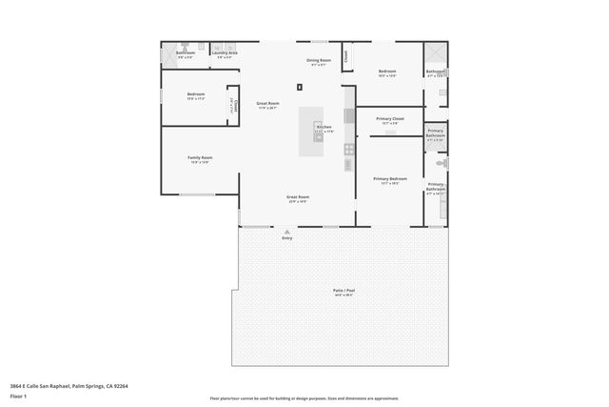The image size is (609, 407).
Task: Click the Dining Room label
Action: pyautogui.click(x=317, y=60)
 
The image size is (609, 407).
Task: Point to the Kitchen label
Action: pyautogui.click(x=324, y=127)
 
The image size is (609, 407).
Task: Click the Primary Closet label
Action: pyautogui.click(x=392, y=119)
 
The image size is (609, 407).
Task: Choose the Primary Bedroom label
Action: pyautogui.click(x=391, y=179)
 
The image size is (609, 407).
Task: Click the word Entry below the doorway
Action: pyautogui.click(x=287, y=237)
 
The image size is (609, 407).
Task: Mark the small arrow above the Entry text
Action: pyautogui.click(x=287, y=231)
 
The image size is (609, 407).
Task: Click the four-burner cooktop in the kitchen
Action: pyautogui.click(x=349, y=150)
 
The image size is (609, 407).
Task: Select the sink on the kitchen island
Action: pyautogui.click(x=319, y=137)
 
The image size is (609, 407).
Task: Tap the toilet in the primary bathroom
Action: pyautogui.click(x=441, y=163)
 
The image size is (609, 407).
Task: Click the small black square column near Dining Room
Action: pyautogui.click(x=300, y=87)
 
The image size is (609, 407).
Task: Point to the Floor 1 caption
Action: pyautogui.click(x=18, y=396)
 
